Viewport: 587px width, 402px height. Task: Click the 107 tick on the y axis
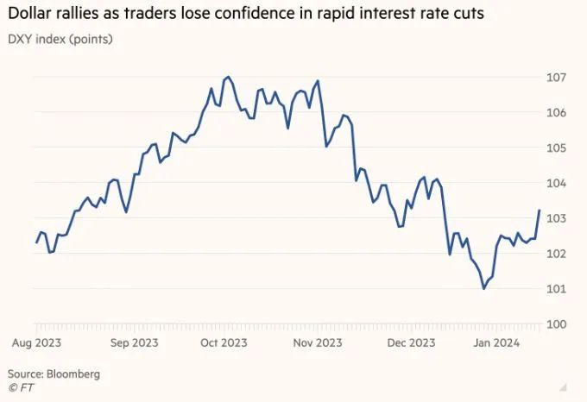(558, 78)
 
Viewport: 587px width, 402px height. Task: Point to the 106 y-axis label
(558, 113)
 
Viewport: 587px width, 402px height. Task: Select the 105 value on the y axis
(558, 148)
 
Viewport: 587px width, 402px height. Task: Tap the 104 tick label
(558, 184)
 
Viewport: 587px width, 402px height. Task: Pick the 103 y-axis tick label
(558, 218)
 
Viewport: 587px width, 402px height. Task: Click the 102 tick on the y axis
(558, 254)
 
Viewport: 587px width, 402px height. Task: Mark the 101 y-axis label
(558, 289)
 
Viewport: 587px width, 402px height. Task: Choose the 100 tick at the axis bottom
(558, 324)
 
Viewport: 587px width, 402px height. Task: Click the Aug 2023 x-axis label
(35, 342)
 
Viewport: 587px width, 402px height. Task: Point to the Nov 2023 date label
(317, 342)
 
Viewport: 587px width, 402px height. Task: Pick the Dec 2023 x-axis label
(410, 342)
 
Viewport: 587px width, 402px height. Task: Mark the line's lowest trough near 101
(483, 288)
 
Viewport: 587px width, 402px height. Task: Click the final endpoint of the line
(540, 210)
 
